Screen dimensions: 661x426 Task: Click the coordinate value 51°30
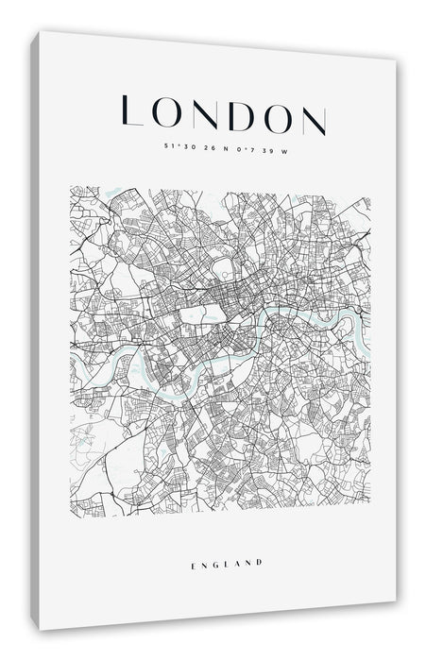click(177, 145)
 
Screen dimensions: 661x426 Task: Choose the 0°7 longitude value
click(245, 148)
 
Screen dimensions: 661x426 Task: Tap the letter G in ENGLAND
click(214, 563)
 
